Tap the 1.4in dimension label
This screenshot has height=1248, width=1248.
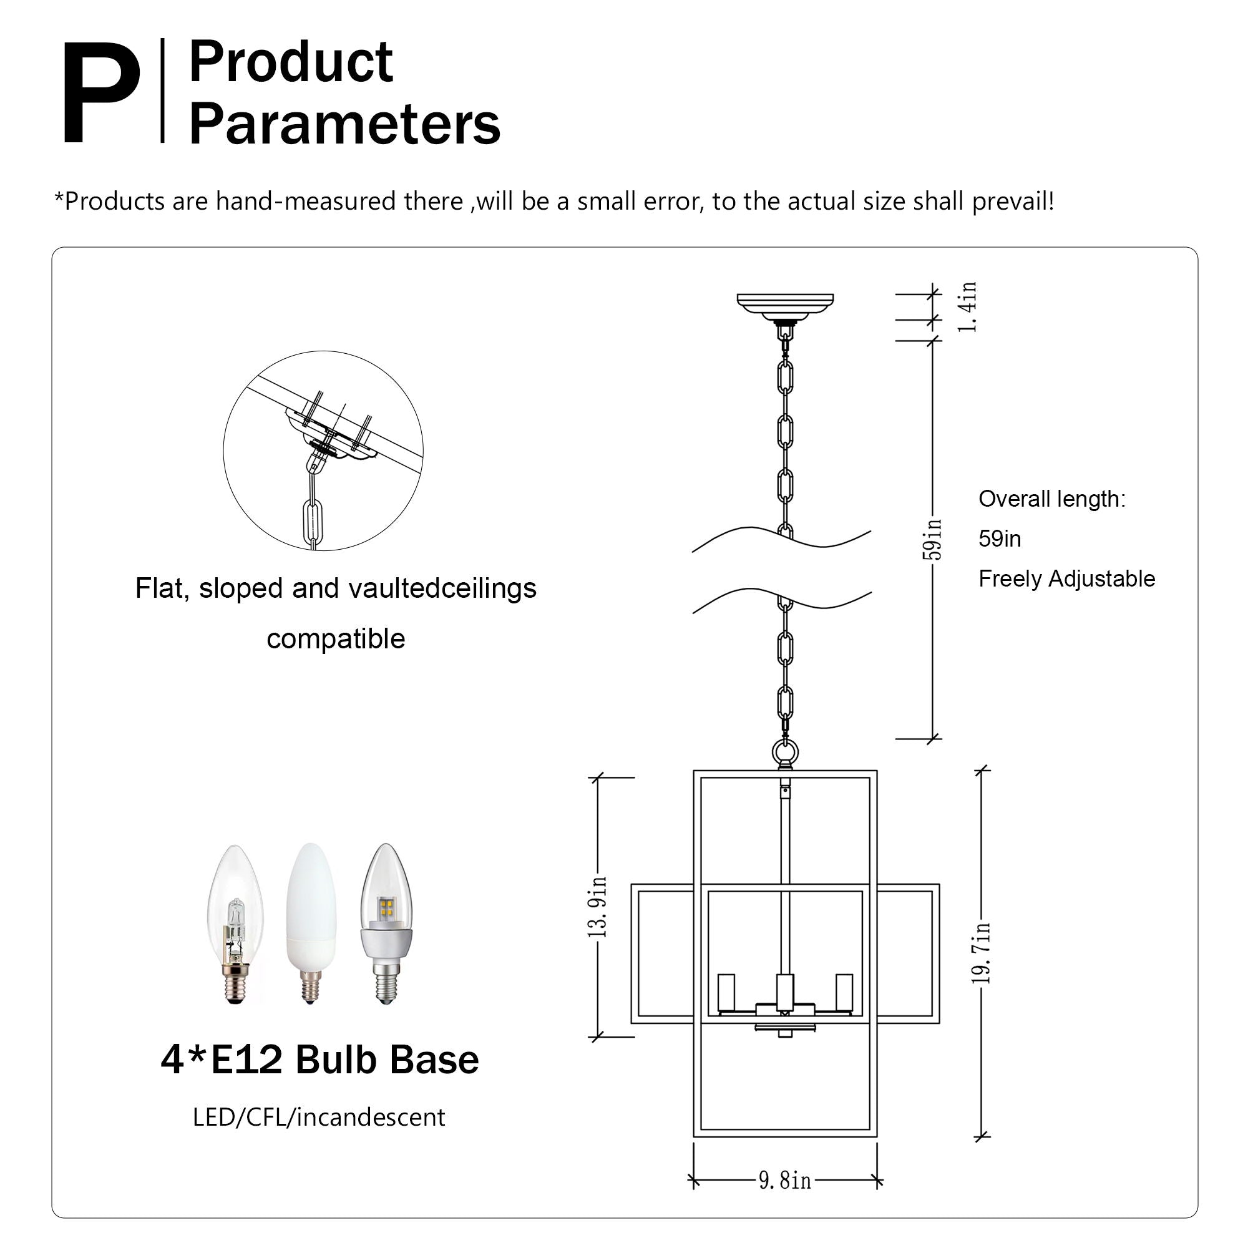(967, 308)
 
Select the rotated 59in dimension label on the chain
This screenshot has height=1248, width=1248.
(932, 539)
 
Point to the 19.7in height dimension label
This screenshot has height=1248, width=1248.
(981, 953)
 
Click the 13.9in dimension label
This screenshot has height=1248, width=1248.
(598, 906)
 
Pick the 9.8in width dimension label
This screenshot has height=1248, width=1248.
(784, 1181)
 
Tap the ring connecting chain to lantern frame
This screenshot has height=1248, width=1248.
(785, 753)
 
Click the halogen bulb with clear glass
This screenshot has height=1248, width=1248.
(235, 924)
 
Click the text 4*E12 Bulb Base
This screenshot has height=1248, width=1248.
(319, 1060)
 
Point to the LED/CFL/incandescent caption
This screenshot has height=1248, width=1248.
(318, 1118)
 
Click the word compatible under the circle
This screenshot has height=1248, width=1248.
(335, 639)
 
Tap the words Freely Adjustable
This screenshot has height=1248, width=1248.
(1066, 579)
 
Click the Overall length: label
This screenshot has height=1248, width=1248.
(1051, 499)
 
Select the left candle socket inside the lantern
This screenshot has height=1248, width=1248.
(726, 993)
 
